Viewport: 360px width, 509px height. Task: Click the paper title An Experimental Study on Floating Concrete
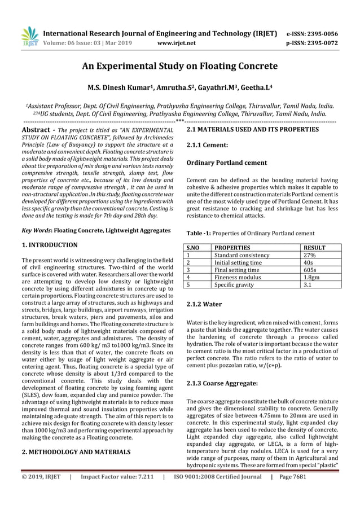(x=180, y=67)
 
